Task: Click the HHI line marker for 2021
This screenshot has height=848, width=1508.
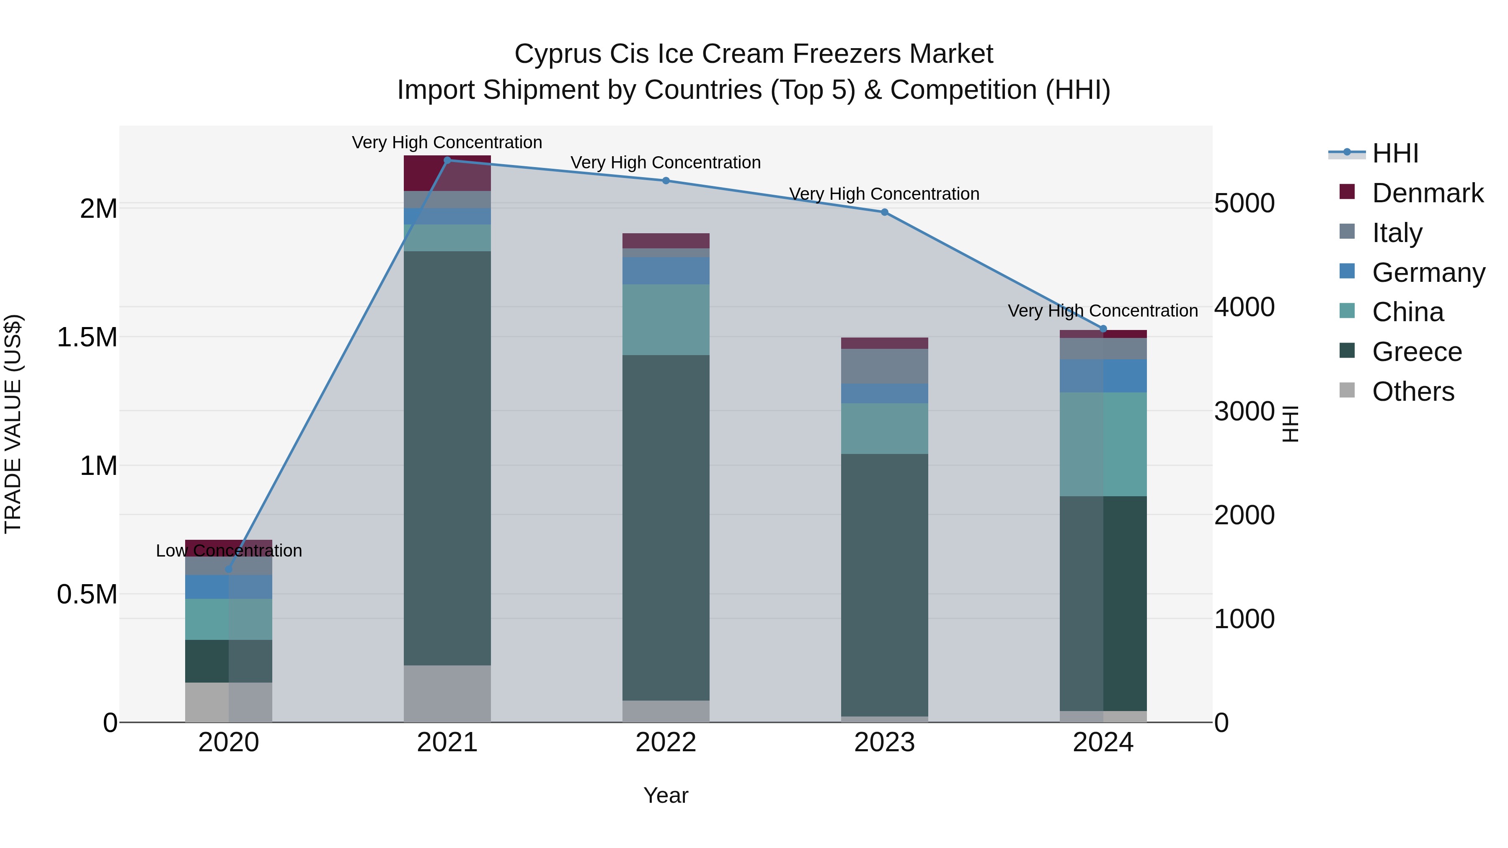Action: pyautogui.click(x=447, y=160)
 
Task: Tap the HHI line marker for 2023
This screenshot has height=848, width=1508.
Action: pyautogui.click(x=885, y=212)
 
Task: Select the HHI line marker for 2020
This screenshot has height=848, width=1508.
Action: pyautogui.click(x=229, y=569)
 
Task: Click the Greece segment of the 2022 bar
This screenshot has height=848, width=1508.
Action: pyautogui.click(x=666, y=527)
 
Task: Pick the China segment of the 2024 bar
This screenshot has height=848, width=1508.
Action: pyautogui.click(x=1103, y=444)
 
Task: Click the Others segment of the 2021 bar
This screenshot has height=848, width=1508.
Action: pyautogui.click(x=447, y=693)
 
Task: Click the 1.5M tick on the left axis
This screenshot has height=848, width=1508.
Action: pyautogui.click(x=87, y=338)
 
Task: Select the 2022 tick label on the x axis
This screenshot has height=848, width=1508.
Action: pyautogui.click(x=666, y=742)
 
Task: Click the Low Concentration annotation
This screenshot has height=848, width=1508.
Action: pyautogui.click(x=229, y=551)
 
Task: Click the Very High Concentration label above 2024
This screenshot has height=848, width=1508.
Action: pyautogui.click(x=1103, y=311)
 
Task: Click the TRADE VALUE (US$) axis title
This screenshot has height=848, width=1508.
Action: pyautogui.click(x=13, y=424)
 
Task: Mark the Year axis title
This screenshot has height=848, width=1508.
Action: pyautogui.click(x=666, y=795)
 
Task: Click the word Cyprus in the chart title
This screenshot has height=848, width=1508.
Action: pyautogui.click(x=557, y=54)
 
